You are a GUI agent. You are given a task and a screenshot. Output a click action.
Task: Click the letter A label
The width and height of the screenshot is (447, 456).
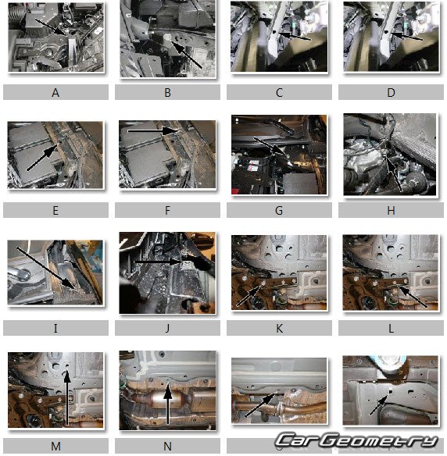[55, 93]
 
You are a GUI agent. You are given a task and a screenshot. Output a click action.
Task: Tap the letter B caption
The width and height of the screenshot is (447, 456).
[167, 93]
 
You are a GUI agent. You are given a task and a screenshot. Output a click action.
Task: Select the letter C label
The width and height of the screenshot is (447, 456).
[279, 93]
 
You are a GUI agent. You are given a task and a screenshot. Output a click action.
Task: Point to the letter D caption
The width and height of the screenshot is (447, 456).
[391, 93]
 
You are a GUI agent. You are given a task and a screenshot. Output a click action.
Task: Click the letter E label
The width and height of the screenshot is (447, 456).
[55, 211]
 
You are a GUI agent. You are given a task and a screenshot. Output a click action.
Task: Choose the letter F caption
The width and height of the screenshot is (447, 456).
[167, 211]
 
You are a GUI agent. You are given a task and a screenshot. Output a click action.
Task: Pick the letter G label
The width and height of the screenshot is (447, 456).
[279, 211]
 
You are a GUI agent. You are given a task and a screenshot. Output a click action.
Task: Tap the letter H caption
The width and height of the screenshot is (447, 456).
[391, 211]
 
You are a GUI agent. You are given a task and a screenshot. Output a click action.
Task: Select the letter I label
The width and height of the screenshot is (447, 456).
[55, 328]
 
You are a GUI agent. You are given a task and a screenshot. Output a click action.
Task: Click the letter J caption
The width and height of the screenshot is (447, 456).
[167, 328]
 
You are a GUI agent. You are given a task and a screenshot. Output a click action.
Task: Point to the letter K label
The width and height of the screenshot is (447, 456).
[279, 328]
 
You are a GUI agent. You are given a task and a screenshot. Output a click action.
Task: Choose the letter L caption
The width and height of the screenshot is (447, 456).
[391, 328]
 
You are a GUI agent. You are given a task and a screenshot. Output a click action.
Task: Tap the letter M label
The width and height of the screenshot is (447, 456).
[55, 446]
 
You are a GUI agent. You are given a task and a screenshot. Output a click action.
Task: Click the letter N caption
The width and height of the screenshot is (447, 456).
[167, 446]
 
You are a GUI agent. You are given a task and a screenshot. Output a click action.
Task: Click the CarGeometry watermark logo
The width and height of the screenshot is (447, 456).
[357, 440]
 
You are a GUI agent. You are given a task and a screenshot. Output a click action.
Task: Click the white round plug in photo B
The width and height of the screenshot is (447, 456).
[167, 37]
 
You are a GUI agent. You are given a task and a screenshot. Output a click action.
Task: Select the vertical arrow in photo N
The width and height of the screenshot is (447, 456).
[167, 404]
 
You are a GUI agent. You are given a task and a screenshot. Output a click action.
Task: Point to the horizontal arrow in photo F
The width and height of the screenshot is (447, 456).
[152, 131]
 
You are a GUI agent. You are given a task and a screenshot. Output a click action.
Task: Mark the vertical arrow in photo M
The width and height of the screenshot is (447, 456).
[67, 398]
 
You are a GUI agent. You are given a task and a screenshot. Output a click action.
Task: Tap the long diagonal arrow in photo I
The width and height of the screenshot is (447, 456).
[46, 268]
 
